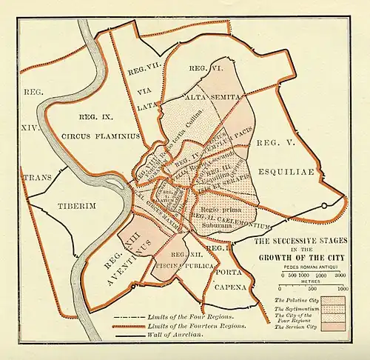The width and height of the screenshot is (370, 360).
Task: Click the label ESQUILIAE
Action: [286, 172]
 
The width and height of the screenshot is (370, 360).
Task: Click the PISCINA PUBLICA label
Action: [185, 265]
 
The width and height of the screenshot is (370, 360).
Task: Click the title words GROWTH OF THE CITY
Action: [300, 259]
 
